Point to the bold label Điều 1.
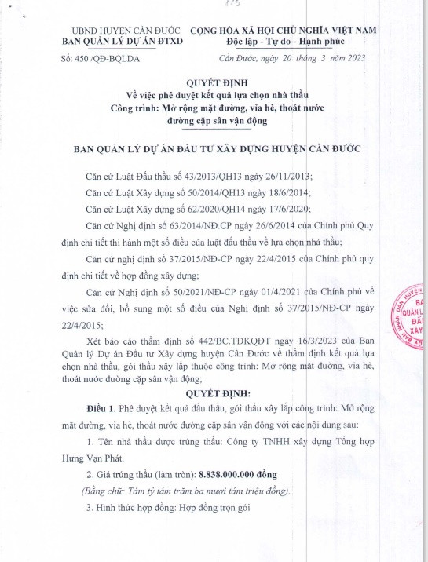[101, 409]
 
